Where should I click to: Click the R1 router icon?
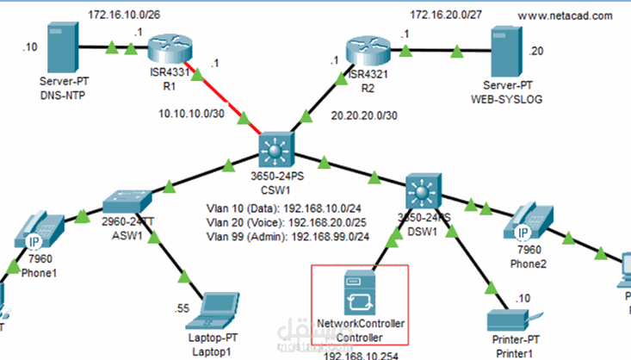163,50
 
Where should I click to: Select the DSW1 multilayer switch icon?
423,190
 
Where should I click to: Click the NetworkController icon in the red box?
361,292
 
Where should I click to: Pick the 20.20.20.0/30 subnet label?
364,113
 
